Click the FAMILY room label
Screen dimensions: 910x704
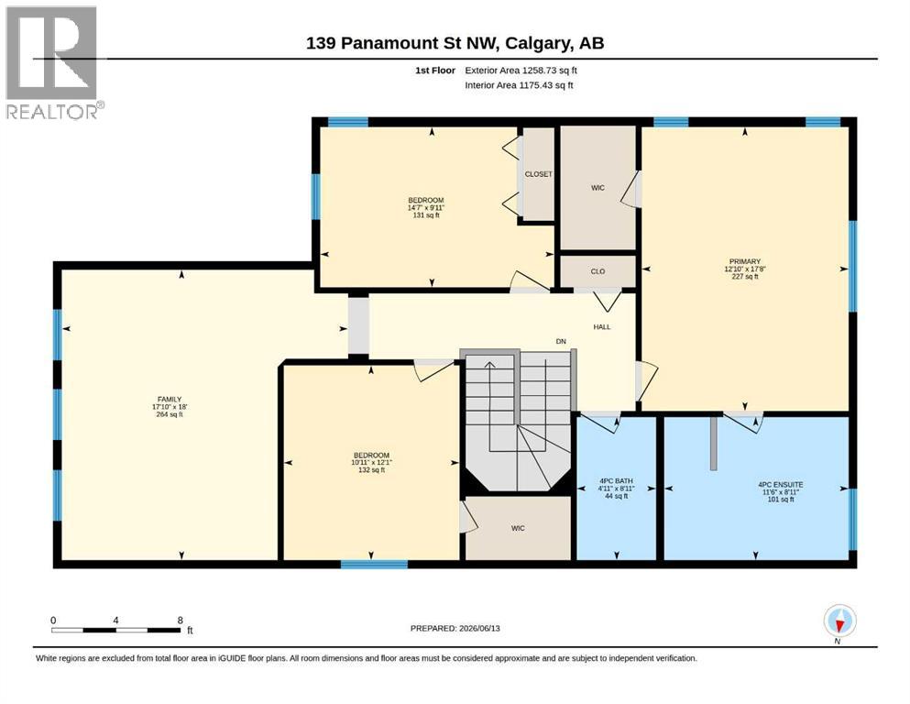click(x=170, y=400)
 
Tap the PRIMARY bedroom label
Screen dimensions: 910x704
click(x=745, y=262)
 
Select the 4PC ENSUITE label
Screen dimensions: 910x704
click(x=781, y=485)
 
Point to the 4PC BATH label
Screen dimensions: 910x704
click(x=617, y=481)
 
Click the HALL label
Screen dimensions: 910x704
click(x=602, y=327)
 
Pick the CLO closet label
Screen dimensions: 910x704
click(x=598, y=271)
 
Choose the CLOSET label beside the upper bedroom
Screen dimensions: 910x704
click(x=539, y=174)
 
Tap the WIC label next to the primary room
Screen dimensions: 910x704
click(x=598, y=188)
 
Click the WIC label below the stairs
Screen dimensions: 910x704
click(x=519, y=528)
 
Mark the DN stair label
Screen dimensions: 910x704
click(x=561, y=341)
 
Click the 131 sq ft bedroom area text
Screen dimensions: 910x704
click(x=426, y=215)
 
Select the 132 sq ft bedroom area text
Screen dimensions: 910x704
click(x=371, y=470)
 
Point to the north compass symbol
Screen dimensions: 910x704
click(x=839, y=621)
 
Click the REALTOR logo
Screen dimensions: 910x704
click(x=52, y=62)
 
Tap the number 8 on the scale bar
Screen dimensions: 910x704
click(x=181, y=621)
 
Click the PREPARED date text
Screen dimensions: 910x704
click(x=455, y=628)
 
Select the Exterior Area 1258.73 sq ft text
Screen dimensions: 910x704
click(x=521, y=71)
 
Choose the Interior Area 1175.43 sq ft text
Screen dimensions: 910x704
click(x=519, y=85)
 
